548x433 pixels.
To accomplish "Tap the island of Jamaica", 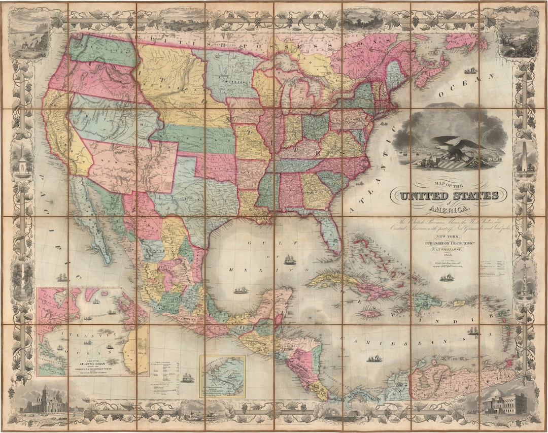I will (x=370, y=314).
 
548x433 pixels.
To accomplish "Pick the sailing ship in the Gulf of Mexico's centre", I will (x=290, y=259).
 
